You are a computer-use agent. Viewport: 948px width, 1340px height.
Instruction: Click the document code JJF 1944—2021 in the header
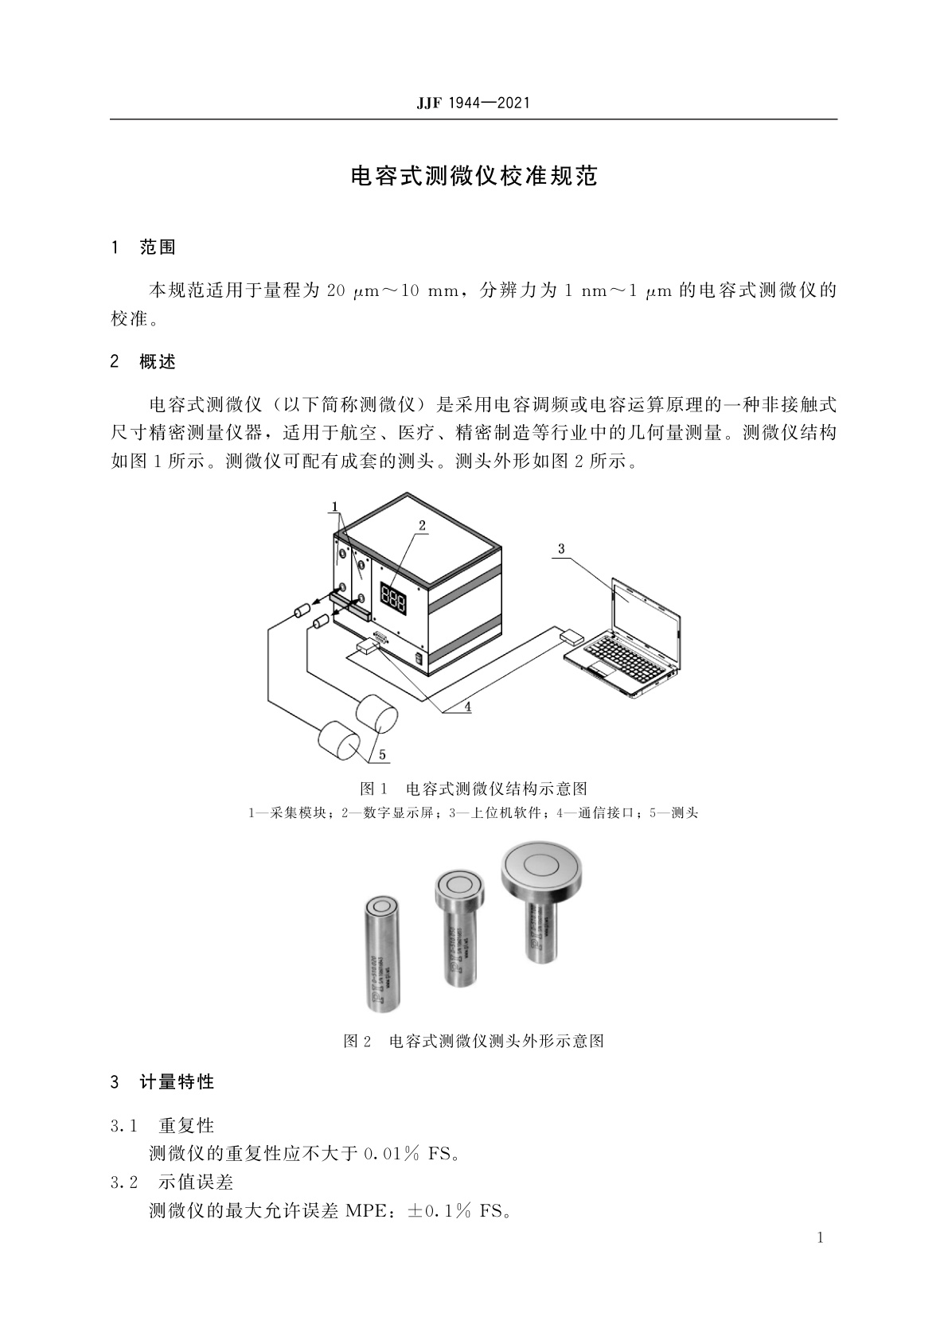click(x=473, y=103)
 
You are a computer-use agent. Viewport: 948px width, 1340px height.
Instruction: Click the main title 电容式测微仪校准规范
click(x=474, y=176)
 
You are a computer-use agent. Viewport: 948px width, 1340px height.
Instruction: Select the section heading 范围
click(x=157, y=247)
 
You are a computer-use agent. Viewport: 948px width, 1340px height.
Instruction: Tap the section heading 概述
click(x=157, y=362)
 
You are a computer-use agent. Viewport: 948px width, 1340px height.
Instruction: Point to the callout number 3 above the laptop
click(x=561, y=548)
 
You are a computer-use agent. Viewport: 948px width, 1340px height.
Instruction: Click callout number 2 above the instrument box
click(x=422, y=525)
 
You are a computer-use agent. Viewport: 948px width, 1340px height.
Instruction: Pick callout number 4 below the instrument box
click(x=468, y=705)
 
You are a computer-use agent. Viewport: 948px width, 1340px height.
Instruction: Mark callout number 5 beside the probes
click(x=382, y=754)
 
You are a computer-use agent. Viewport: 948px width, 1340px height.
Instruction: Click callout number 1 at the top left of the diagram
click(x=335, y=506)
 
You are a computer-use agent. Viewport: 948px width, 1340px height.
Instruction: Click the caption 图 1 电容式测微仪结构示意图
click(x=474, y=789)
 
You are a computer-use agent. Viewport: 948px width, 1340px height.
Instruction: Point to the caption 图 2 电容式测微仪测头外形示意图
click(x=474, y=1041)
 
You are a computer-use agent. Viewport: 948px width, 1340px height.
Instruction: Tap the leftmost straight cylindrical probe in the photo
click(x=381, y=955)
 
